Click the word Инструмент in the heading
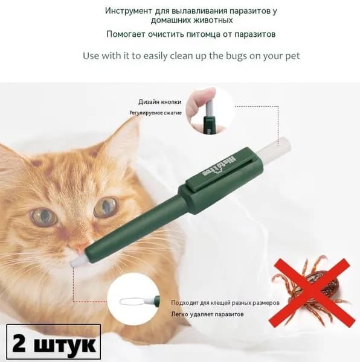129,11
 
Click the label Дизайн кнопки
160,102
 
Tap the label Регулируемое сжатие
155,113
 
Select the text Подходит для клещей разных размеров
225,303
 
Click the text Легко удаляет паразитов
207,314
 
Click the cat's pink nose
80,250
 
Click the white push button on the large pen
274,148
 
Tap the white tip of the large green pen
77,262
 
